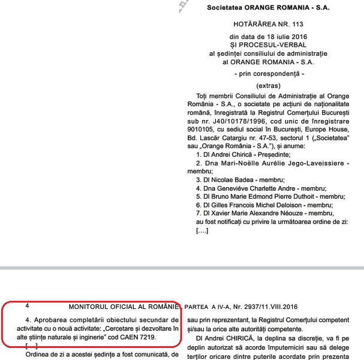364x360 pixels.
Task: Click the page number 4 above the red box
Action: [x=28, y=305]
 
